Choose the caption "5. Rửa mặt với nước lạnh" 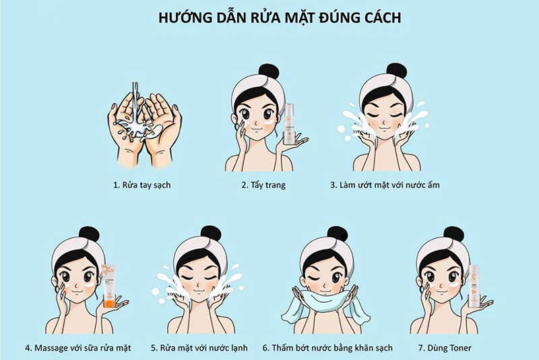click(199, 348)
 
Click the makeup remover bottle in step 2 click(290, 124)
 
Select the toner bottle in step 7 click(474, 286)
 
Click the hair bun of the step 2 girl click(269, 71)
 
